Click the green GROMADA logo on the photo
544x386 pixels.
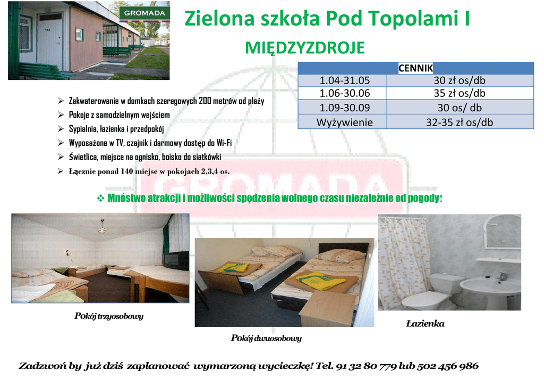click(x=144, y=13)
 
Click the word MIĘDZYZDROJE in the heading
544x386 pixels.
click(x=304, y=48)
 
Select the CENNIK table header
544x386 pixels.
click(x=415, y=68)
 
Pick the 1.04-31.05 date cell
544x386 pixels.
click(x=344, y=81)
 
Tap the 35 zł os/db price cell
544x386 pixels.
click(x=460, y=93)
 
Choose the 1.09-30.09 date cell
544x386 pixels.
click(x=344, y=108)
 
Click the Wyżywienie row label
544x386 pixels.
click(x=344, y=122)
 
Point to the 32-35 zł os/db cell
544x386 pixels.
click(x=460, y=122)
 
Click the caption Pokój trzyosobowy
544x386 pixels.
click(x=108, y=316)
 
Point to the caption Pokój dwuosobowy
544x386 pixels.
click(x=266, y=338)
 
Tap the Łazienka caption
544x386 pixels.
click(x=425, y=324)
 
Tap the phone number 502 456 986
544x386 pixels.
click(x=447, y=366)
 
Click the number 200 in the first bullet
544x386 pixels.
click(x=205, y=101)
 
